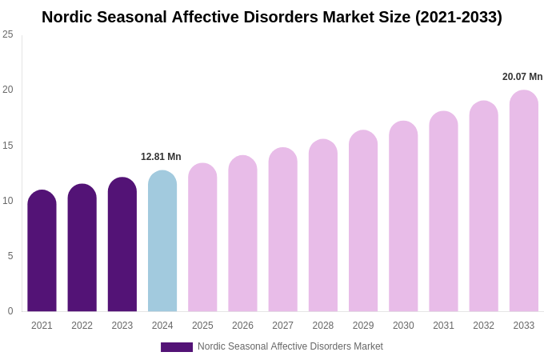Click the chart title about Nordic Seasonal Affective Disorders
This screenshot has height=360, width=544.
(272, 17)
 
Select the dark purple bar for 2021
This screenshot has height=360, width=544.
(42, 252)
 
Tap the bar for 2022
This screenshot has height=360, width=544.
(82, 249)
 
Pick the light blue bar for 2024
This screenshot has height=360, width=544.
(162, 242)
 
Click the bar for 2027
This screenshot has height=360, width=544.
(282, 230)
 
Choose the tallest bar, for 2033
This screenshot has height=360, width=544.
(524, 202)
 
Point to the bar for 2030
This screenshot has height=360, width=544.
(403, 217)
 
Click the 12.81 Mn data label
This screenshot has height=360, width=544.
(161, 157)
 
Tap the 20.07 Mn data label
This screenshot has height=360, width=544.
(522, 77)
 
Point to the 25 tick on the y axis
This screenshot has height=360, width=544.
(8, 34)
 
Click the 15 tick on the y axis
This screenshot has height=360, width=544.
(8, 146)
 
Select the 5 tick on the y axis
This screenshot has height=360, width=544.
(10, 256)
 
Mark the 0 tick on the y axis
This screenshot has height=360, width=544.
(10, 311)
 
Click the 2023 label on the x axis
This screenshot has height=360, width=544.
(122, 326)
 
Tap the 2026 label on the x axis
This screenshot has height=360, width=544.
(242, 326)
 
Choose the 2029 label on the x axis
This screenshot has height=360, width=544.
(363, 326)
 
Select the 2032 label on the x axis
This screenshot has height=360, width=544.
(483, 326)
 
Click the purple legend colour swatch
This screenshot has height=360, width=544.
(177, 347)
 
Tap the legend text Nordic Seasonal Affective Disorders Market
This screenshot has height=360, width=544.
(290, 346)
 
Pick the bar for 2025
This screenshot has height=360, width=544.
(202, 238)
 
